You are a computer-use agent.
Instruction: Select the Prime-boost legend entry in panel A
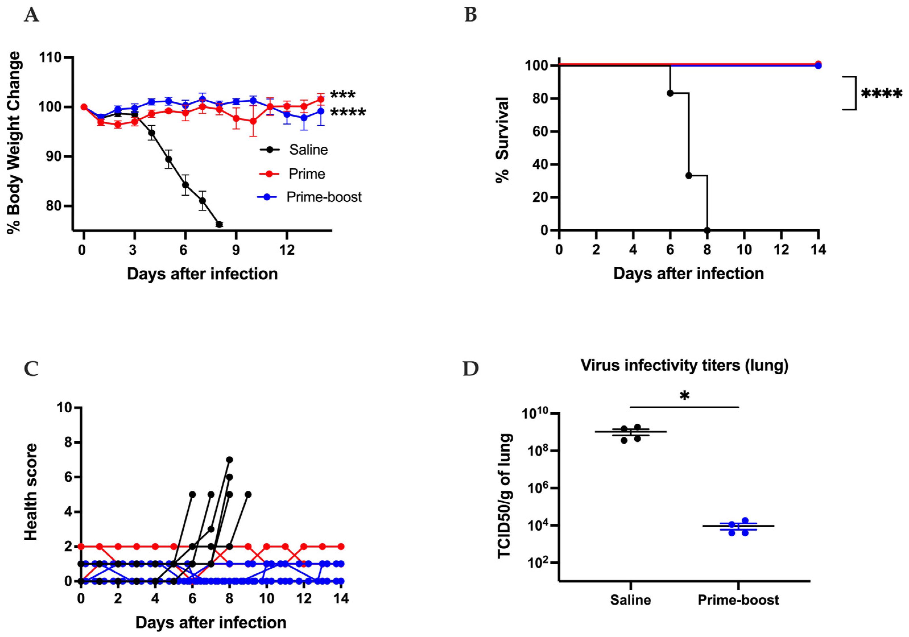(324, 197)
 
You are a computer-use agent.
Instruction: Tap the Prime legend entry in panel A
(307, 174)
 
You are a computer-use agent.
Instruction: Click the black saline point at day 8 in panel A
(219, 224)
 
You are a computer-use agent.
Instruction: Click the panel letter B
(470, 15)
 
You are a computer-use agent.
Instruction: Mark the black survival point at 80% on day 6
(670, 93)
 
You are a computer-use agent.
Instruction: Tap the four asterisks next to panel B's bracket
(882, 94)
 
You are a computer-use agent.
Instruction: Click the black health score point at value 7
(229, 460)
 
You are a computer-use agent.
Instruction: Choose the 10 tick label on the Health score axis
(65, 408)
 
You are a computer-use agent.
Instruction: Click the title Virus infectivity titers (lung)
(684, 365)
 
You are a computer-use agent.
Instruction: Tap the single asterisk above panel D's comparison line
(684, 396)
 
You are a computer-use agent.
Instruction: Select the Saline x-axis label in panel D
(630, 600)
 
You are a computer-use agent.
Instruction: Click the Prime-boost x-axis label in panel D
(738, 600)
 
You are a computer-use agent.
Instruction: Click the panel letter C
(31, 369)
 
